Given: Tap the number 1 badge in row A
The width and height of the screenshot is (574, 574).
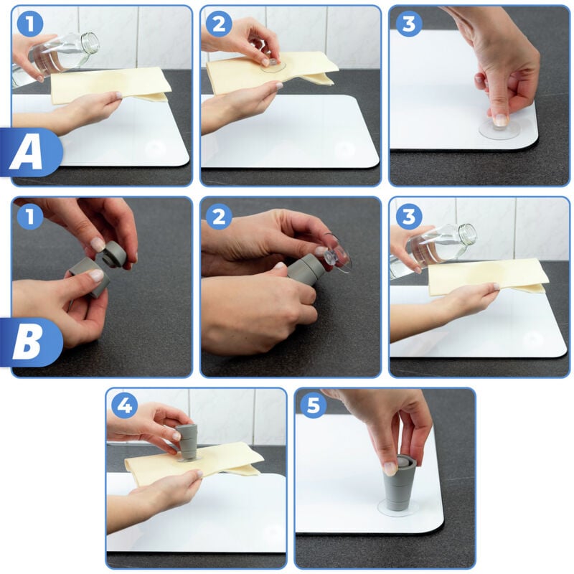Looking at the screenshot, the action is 30,24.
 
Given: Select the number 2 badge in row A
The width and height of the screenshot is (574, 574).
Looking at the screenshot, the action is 219,24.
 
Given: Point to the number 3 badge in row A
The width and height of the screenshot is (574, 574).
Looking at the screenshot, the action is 408,24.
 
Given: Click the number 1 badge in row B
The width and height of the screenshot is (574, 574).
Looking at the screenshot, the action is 30,216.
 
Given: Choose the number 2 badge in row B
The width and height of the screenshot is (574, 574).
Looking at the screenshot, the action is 219,216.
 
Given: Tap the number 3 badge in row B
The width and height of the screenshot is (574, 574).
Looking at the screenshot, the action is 408,216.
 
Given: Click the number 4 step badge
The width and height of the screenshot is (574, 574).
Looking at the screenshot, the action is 124,406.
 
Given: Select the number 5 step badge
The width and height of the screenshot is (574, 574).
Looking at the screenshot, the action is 313,406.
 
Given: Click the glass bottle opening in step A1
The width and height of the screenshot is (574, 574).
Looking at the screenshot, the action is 90,42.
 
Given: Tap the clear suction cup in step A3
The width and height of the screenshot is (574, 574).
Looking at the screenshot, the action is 499,128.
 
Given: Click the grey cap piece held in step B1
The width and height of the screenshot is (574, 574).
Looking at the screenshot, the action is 113,253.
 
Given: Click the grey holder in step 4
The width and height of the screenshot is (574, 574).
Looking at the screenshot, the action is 187,441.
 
